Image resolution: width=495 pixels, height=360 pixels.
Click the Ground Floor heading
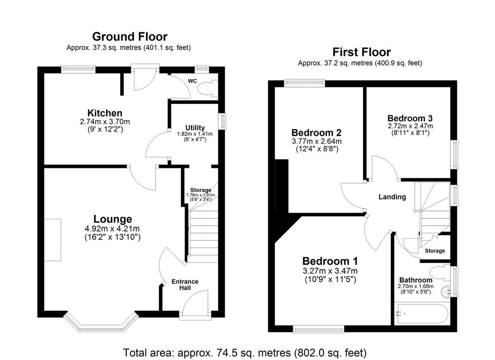click(x=130, y=37)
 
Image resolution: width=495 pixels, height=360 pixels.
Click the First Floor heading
click(x=361, y=52)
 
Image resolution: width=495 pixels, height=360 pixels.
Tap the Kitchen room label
click(x=102, y=113)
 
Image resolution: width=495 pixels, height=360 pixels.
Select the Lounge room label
click(x=113, y=219)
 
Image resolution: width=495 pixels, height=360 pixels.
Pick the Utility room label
click(x=195, y=128)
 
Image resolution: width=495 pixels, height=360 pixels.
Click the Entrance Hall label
click(x=185, y=285)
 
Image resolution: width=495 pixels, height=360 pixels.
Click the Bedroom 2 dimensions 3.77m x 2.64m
click(x=317, y=142)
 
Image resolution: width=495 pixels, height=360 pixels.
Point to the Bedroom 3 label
click(x=410, y=118)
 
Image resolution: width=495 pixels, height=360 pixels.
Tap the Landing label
click(x=392, y=197)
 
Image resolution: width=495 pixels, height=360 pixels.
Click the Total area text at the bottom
click(x=245, y=352)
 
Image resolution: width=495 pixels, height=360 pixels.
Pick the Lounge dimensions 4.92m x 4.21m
click(x=113, y=229)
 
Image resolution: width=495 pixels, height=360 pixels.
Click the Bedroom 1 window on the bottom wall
click(x=318, y=329)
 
